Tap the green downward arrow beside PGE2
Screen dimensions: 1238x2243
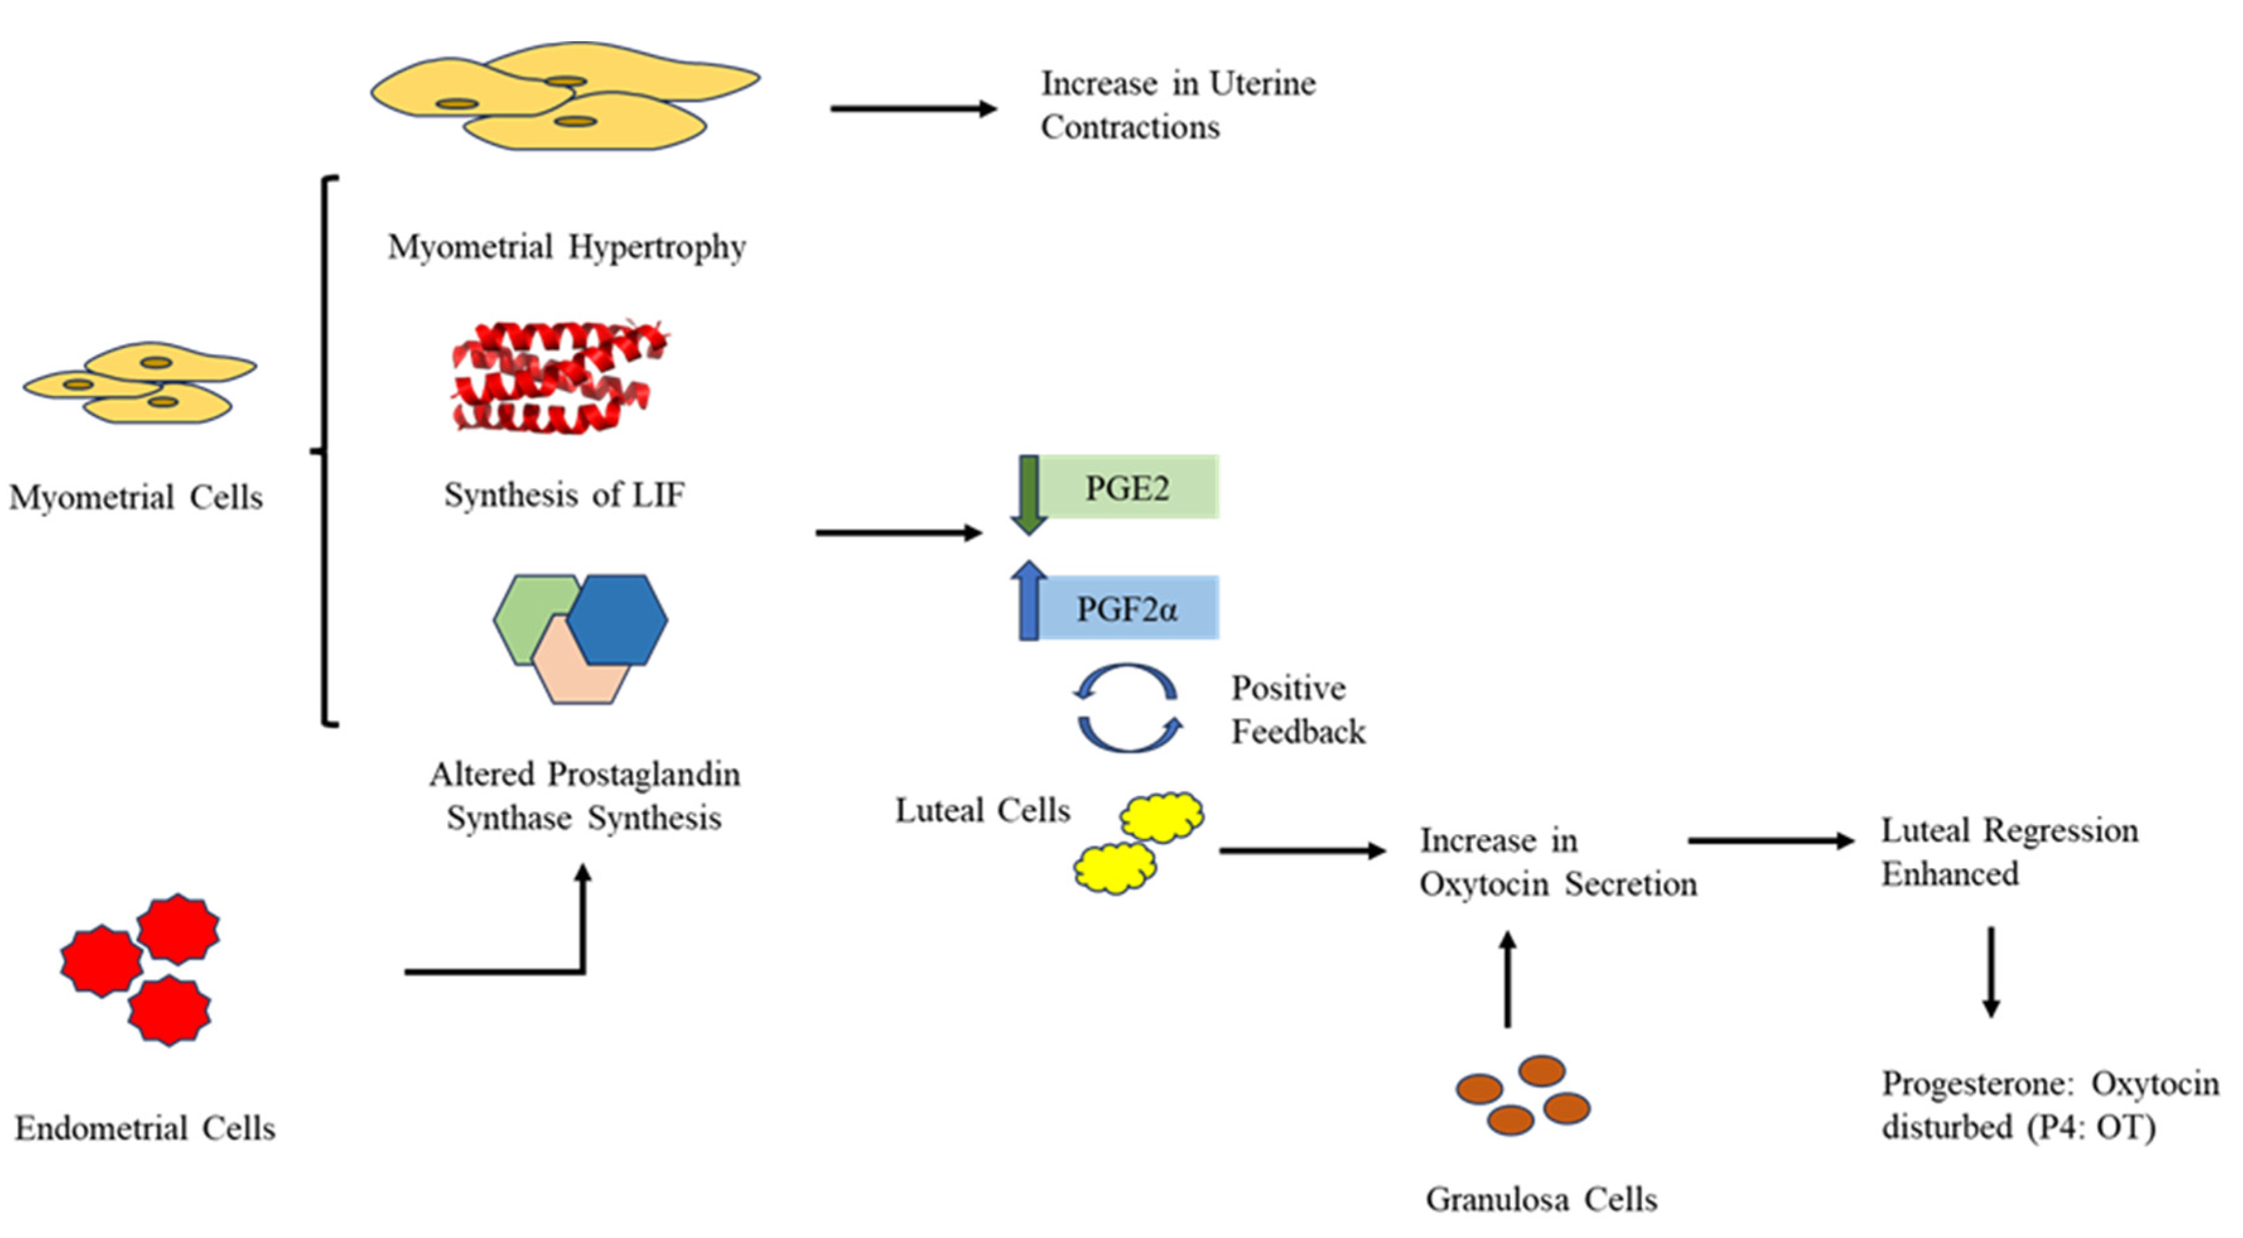1028,494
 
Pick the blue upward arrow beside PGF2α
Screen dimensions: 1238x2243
1028,601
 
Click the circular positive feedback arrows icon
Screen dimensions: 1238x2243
1127,709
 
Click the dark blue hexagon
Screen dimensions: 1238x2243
618,619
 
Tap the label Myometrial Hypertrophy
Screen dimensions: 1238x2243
567,247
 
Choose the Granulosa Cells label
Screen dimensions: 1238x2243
1541,1200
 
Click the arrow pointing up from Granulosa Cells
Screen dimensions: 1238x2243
1508,980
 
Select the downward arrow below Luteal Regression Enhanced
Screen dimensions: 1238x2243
1991,971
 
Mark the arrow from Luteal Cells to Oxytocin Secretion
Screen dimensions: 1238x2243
1301,850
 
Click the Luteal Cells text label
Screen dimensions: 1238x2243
982,811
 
